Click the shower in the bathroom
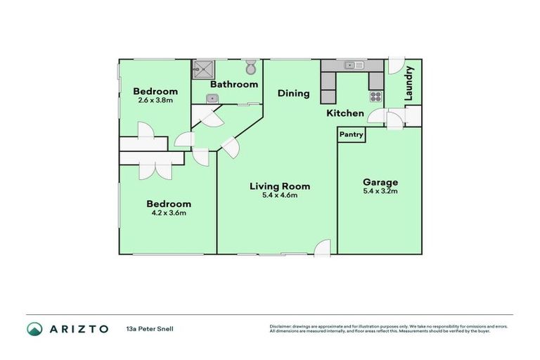[x=204, y=69]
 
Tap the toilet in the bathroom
[x=251, y=68]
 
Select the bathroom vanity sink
[x=211, y=98]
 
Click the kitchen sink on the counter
[x=353, y=66]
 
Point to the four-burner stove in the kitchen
[x=376, y=97]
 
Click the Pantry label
[x=352, y=134]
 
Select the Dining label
[x=293, y=93]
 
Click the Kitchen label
[x=345, y=113]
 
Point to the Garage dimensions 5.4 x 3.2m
[x=380, y=191]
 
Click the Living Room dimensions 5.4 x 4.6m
[x=280, y=195]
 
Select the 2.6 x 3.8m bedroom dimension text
[x=155, y=100]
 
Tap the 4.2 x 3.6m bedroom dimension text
[x=167, y=212]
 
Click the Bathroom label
[x=234, y=84]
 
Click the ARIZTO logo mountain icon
[x=34, y=328]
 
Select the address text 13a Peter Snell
[x=150, y=328]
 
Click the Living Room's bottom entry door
[x=322, y=247]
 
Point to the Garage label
[x=380, y=181]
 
